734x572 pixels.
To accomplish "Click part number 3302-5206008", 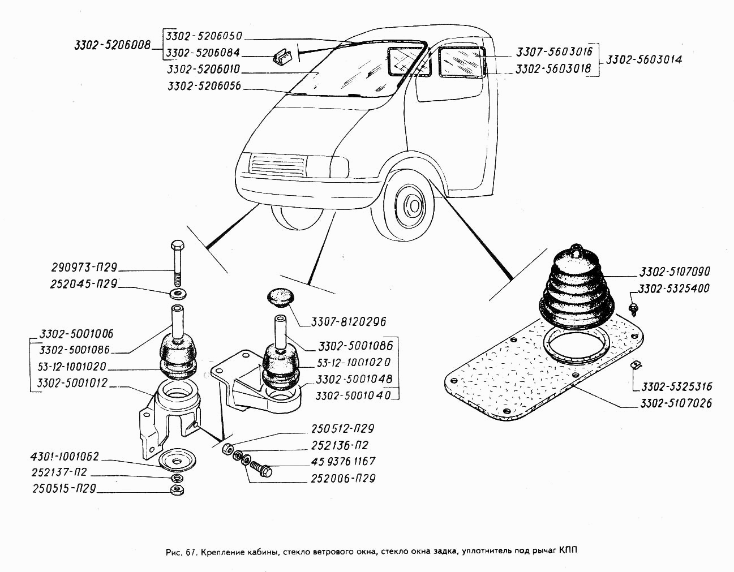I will click(x=112, y=45).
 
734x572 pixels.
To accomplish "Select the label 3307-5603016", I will click(x=553, y=52).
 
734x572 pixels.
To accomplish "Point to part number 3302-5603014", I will click(x=643, y=59).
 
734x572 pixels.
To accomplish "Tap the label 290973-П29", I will click(x=83, y=267).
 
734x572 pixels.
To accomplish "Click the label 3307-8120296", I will click(x=348, y=321).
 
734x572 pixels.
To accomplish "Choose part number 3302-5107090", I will click(x=675, y=272).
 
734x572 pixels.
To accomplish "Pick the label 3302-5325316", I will click(x=676, y=387).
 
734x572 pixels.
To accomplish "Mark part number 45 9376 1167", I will click(x=343, y=462).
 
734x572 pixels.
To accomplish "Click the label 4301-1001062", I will click(x=65, y=457).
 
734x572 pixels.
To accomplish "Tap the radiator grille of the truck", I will click(x=278, y=165).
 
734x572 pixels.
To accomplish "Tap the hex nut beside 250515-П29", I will click(x=176, y=490).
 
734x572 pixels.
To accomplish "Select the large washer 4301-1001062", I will click(x=176, y=461).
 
